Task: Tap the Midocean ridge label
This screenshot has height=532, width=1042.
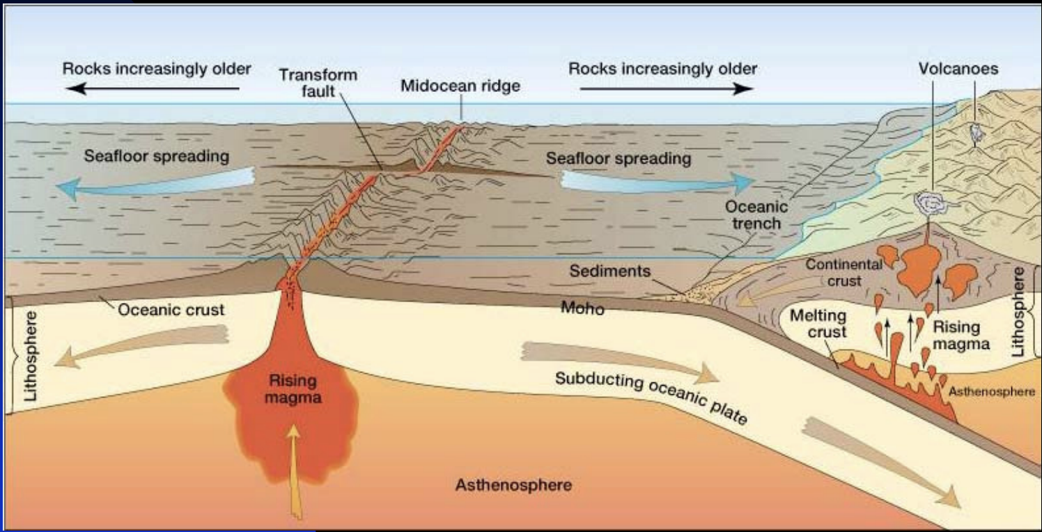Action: point(460,86)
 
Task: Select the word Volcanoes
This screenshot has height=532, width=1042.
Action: point(958,69)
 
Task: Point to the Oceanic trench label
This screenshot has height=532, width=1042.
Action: point(756,215)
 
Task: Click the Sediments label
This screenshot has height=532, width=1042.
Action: point(609,271)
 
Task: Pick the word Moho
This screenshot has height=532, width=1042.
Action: point(582,307)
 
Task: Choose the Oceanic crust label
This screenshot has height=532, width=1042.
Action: point(171,310)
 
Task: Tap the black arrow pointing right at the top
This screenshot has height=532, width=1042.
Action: point(666,88)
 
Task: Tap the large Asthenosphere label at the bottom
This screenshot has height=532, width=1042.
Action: point(513,485)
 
